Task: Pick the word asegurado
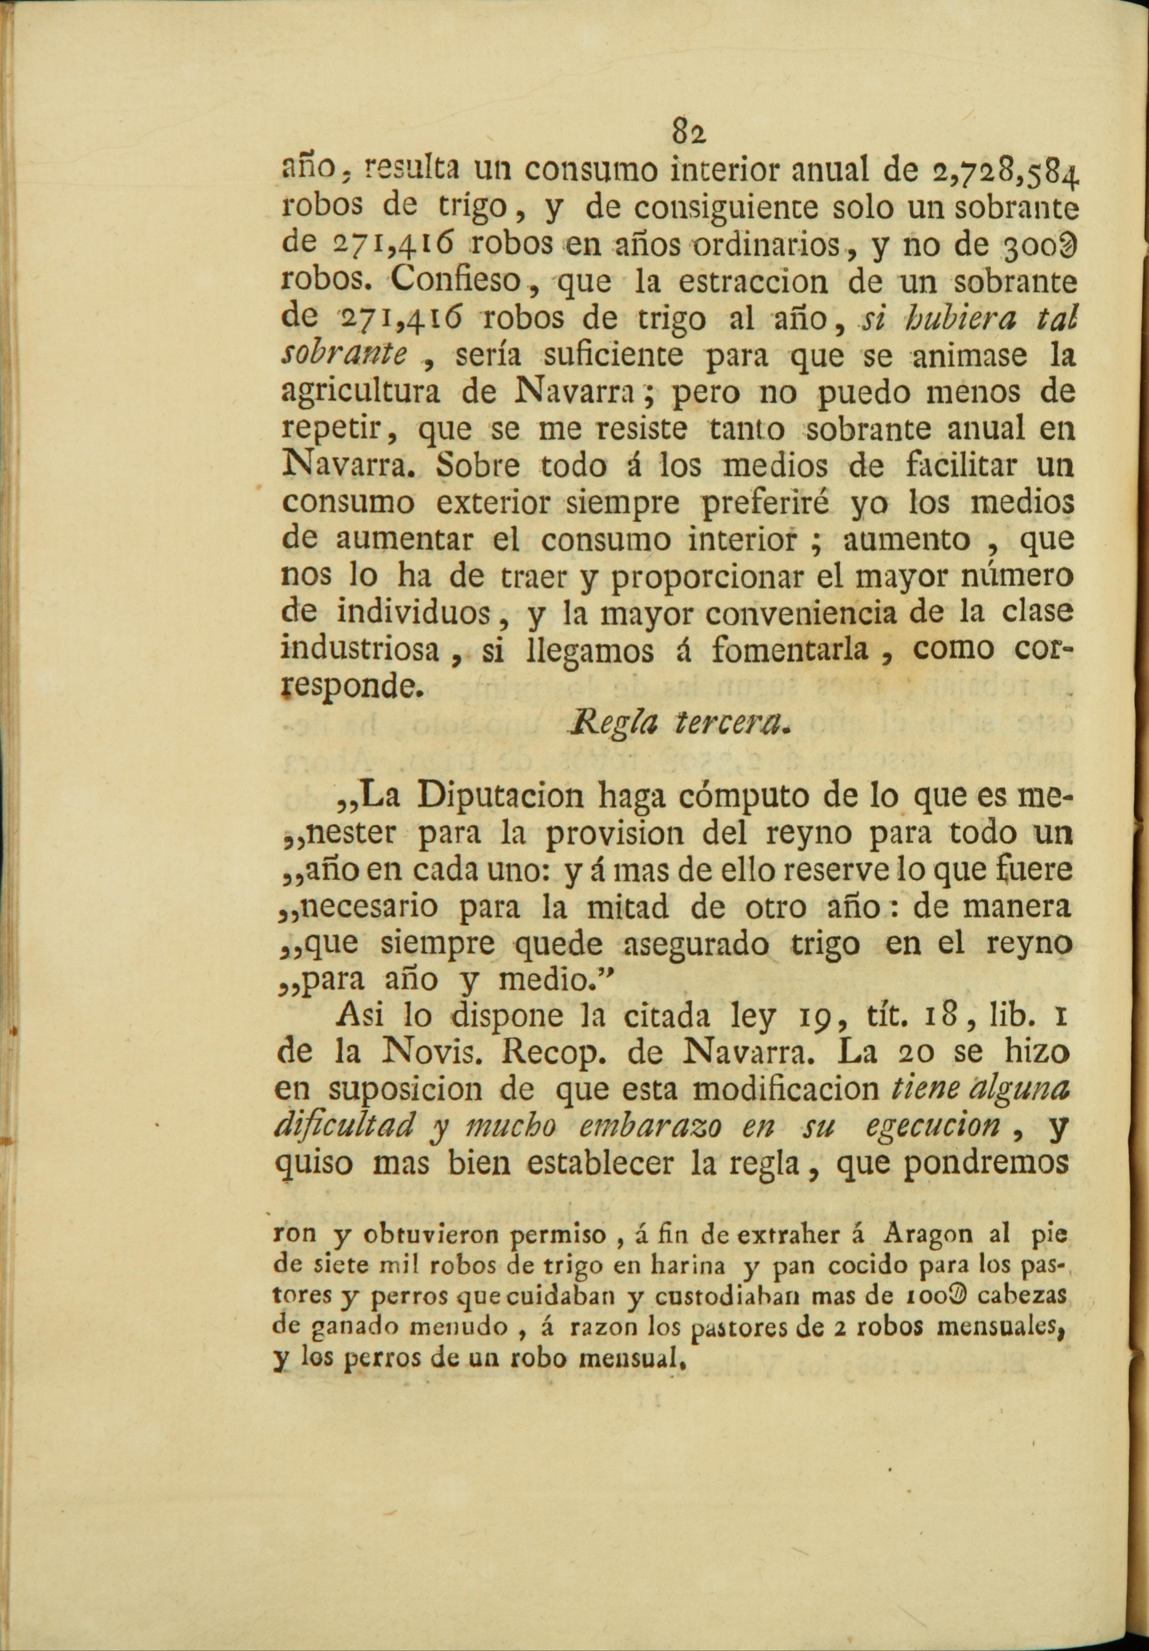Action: click(x=692, y=945)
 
